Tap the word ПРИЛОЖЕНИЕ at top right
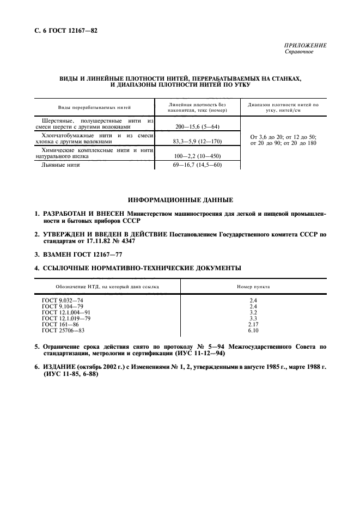click(x=306, y=46)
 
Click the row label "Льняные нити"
click(x=61, y=165)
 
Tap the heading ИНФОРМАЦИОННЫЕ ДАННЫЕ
click(x=180, y=200)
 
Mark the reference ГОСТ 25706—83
click(x=63, y=330)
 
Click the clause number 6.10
click(x=253, y=330)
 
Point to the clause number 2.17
click(x=253, y=324)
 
